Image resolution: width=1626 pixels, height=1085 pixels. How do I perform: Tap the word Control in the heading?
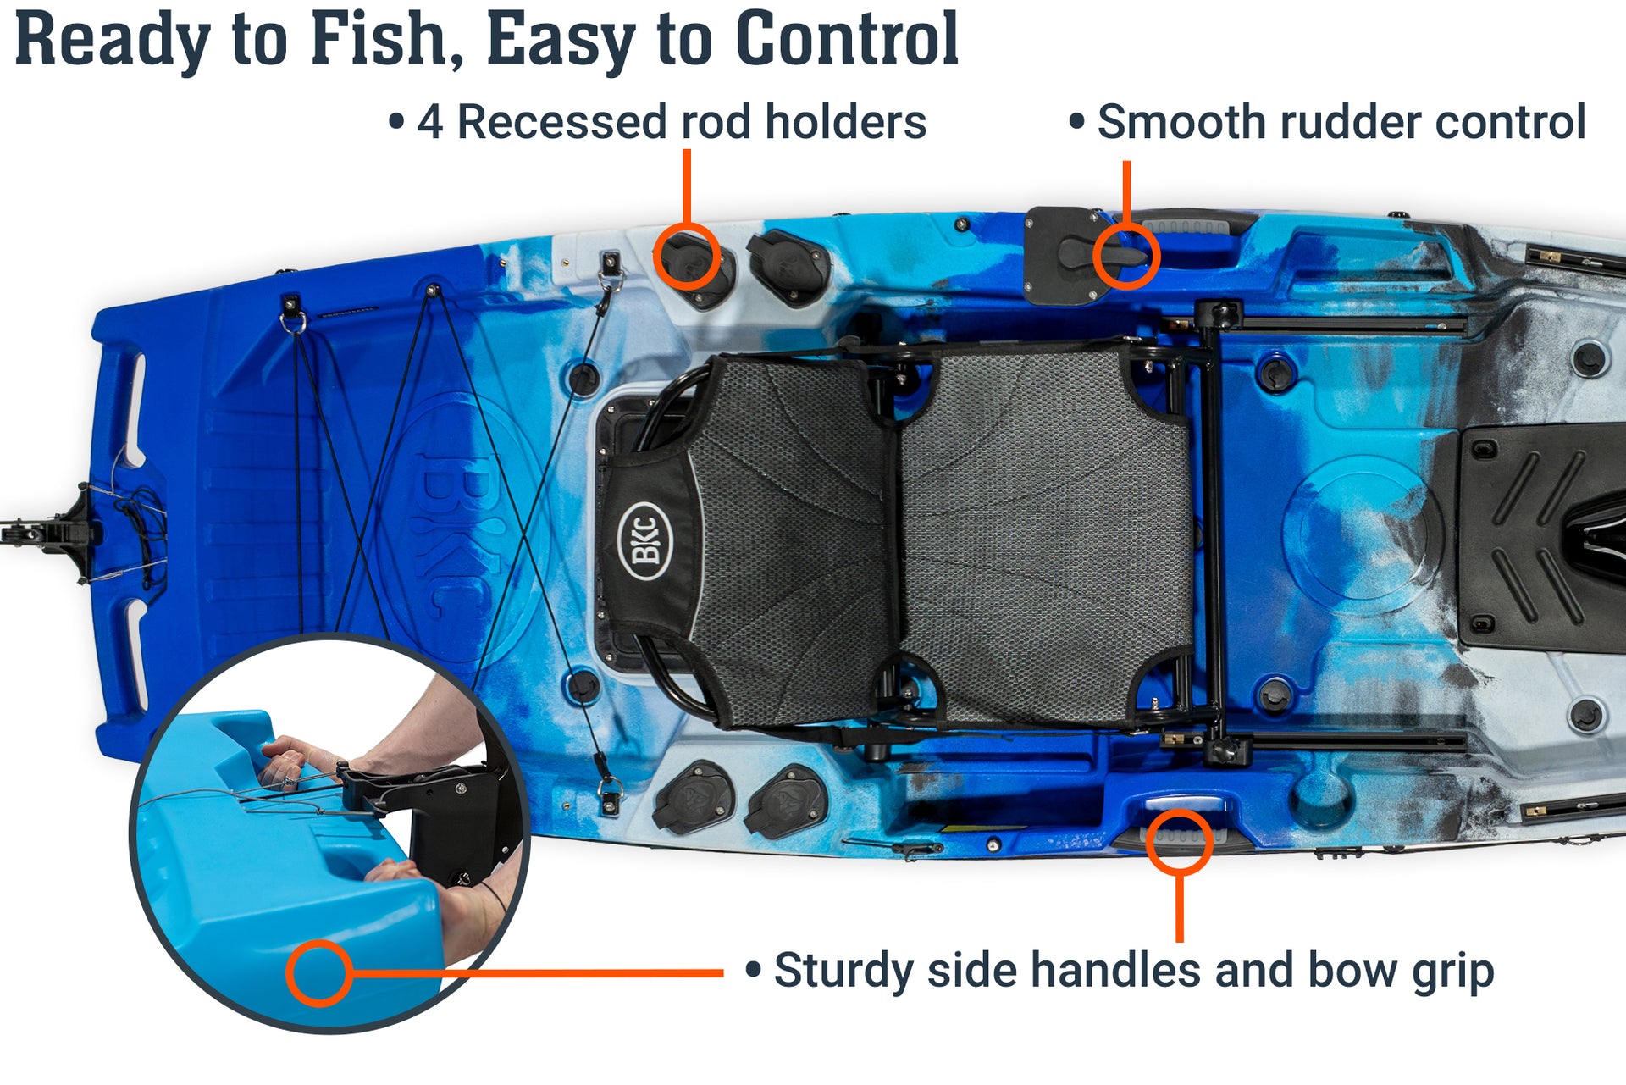coord(847,40)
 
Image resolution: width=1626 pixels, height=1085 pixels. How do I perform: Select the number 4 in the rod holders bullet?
coord(429,123)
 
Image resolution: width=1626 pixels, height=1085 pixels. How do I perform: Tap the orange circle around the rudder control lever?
coord(1125,256)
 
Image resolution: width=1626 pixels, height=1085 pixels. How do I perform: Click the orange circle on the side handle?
coord(1179,841)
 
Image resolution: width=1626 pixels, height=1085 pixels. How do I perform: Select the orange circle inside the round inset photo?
coord(318,973)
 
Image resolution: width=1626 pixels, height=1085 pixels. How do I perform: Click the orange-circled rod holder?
coord(688,257)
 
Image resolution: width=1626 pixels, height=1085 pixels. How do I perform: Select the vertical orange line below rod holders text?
coord(687,186)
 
